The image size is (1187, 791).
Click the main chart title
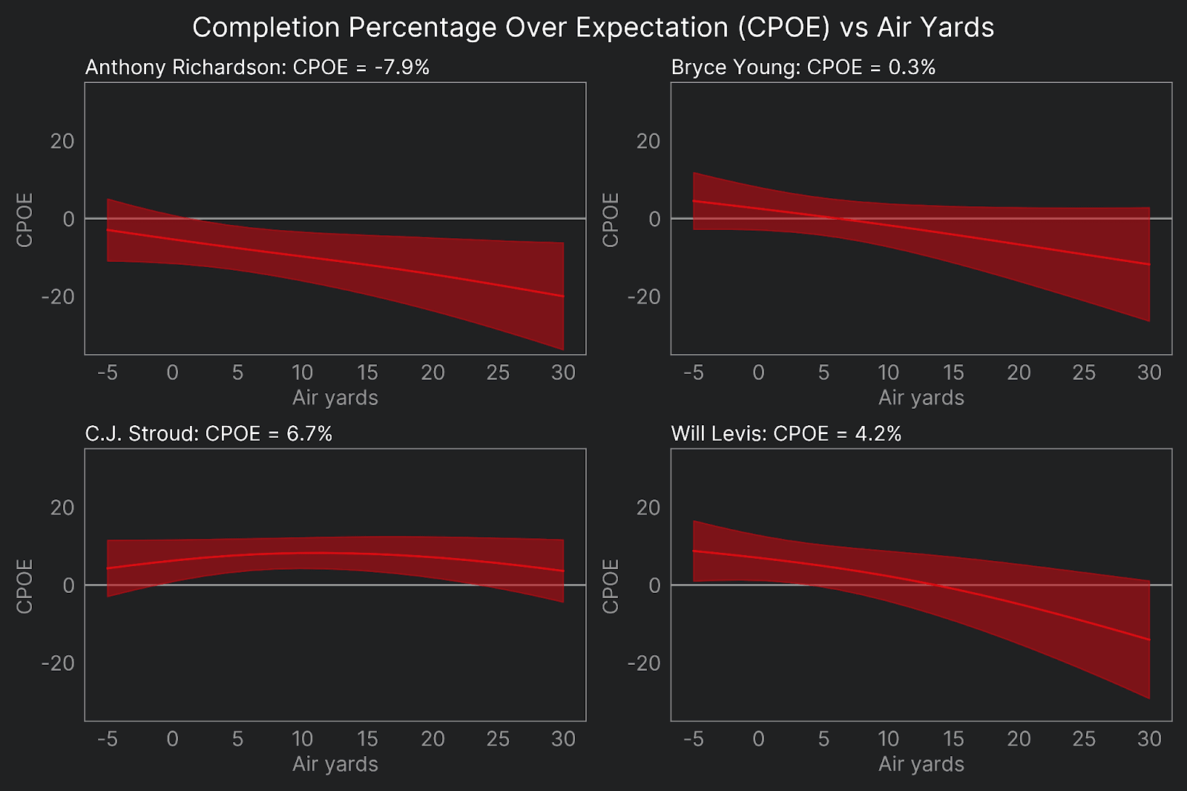[x=593, y=27]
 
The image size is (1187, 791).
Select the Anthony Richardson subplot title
[x=257, y=68]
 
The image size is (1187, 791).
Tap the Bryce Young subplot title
[x=803, y=68]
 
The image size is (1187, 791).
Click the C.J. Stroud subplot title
[x=208, y=434]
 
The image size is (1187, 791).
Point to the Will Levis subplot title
[x=786, y=434]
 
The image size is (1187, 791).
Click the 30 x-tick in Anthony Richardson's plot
[x=563, y=372]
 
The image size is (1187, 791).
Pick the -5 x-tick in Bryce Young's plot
[x=693, y=372]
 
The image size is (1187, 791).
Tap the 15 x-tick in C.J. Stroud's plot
[x=367, y=739]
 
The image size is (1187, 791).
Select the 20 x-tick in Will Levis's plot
[x=1019, y=739]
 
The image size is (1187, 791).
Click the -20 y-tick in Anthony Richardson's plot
[x=58, y=297]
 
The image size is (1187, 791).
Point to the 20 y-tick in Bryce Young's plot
[x=648, y=141]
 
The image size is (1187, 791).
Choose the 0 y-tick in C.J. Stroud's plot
[x=68, y=585]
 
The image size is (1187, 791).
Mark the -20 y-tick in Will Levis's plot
[x=644, y=663]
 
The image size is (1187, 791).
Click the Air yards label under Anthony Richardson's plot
[x=335, y=398]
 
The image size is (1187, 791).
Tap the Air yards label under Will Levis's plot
[x=921, y=764]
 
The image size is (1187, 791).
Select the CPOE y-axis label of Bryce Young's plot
[x=611, y=220]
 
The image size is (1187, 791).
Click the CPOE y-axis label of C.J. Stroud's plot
[x=24, y=586]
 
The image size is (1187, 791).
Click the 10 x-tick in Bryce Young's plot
[x=888, y=372]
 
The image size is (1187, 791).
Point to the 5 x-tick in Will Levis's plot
[x=823, y=739]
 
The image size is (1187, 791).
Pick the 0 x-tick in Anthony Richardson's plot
[x=172, y=372]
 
